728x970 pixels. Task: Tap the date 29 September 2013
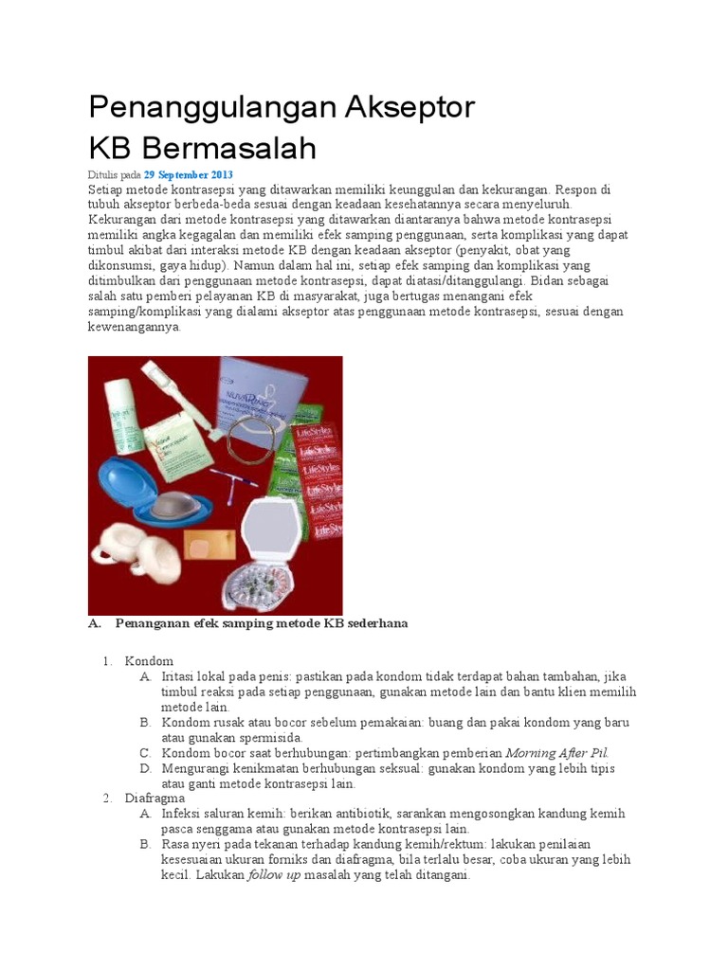point(188,175)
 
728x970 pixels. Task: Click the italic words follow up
point(274,875)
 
